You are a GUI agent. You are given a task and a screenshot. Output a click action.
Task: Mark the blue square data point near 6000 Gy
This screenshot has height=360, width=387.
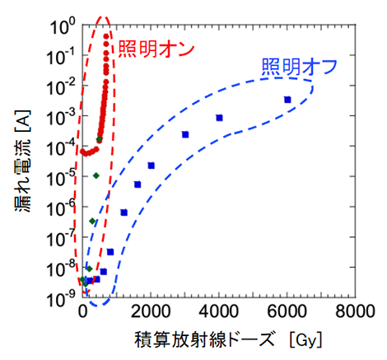pos(287,100)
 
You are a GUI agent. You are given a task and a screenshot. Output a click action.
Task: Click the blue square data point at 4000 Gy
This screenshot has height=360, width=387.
pos(220,118)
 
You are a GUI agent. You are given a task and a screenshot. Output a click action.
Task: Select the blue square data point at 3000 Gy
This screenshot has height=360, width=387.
pos(185,134)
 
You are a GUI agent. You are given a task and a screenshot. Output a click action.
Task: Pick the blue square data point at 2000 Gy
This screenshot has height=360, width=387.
pos(152,166)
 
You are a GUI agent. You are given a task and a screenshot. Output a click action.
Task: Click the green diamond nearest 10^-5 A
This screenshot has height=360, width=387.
pos(96,175)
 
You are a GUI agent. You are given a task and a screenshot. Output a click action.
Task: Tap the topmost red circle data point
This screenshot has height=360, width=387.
pos(107,36)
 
